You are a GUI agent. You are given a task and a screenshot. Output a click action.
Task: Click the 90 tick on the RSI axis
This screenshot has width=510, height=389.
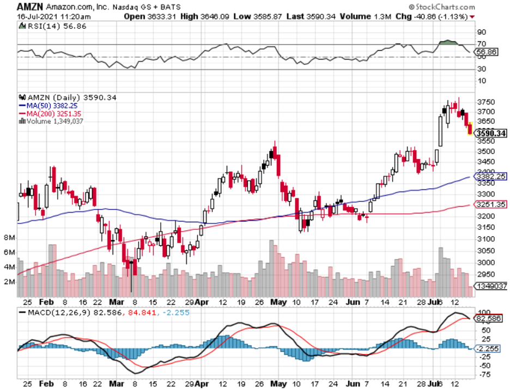point(482,32)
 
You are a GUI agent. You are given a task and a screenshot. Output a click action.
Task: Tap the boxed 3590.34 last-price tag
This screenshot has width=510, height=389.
point(491,133)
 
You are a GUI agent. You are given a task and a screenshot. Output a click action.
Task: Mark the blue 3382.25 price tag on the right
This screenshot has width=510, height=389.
point(491,177)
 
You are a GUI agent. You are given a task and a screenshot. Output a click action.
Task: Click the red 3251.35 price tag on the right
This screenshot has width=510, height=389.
point(491,204)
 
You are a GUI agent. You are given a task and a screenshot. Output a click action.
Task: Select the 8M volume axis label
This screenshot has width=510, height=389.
point(9,238)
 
